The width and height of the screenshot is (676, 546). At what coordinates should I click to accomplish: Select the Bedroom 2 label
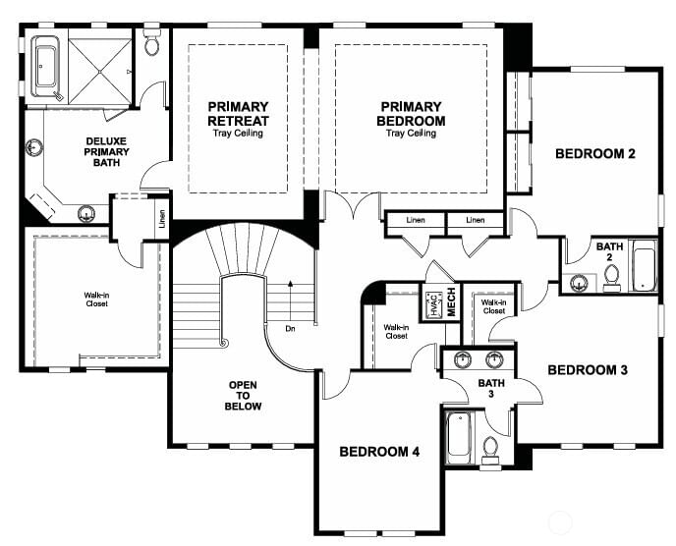(x=595, y=154)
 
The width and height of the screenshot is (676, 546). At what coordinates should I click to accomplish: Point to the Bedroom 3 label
(x=588, y=370)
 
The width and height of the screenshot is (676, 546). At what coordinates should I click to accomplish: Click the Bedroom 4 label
(x=379, y=452)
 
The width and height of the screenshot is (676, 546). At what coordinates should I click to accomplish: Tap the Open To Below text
(x=243, y=396)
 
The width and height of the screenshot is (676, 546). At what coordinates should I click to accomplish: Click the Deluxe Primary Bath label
(x=106, y=151)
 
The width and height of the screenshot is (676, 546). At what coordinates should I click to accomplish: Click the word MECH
(x=451, y=302)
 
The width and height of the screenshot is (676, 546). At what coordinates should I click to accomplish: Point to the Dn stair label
(x=290, y=329)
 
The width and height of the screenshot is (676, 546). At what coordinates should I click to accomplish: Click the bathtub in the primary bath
(x=46, y=67)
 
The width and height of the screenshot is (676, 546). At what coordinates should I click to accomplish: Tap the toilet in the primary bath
(x=151, y=42)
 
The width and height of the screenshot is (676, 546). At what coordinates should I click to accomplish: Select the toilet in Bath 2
(x=611, y=278)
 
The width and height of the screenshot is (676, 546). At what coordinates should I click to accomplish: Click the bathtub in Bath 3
(x=459, y=437)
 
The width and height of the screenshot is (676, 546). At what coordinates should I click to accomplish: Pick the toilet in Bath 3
(x=489, y=451)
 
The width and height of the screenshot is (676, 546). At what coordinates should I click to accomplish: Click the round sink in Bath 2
(x=579, y=284)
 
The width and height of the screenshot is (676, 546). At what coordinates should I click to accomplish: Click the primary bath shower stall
(x=100, y=72)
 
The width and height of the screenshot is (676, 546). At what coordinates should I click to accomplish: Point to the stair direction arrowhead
(x=290, y=284)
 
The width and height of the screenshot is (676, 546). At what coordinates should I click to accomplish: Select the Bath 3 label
(x=491, y=388)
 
